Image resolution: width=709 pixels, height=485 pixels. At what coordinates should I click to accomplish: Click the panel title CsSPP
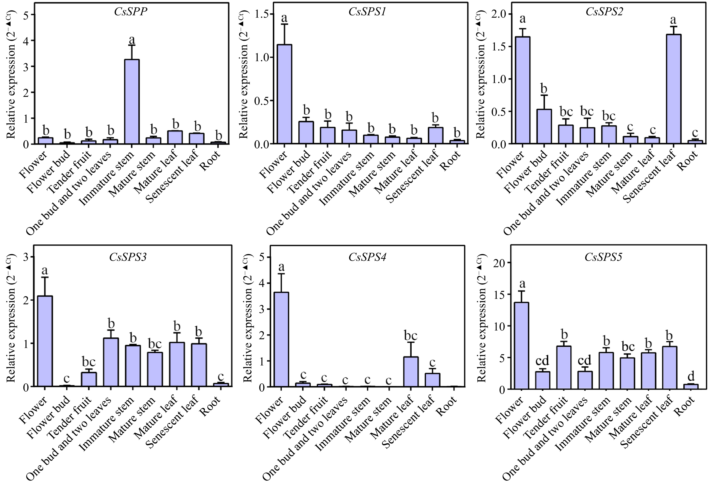point(131,12)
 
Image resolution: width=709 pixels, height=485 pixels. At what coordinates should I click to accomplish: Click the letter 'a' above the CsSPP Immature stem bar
point(132,40)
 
